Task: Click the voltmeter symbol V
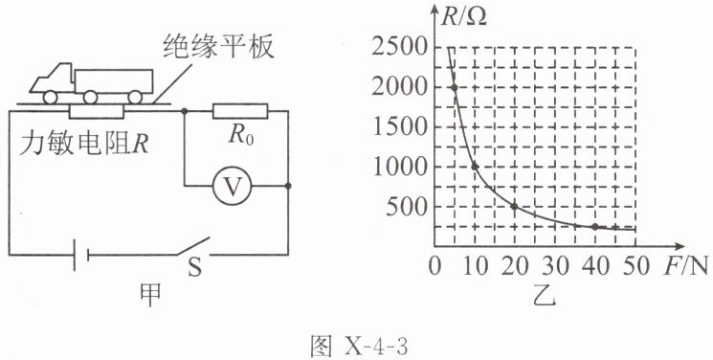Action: [x=232, y=186]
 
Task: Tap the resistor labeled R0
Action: [x=240, y=111]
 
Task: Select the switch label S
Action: [x=194, y=268]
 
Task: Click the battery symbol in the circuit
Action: [x=81, y=255]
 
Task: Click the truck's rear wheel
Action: [x=135, y=97]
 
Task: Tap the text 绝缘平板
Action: [x=219, y=46]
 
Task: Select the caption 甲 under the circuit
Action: [x=150, y=294]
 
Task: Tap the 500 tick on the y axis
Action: [x=407, y=207]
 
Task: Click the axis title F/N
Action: [x=685, y=266]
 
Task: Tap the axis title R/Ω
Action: [x=464, y=17]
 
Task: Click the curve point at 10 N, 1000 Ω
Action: [x=475, y=167]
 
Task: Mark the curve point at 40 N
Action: [x=594, y=227]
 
